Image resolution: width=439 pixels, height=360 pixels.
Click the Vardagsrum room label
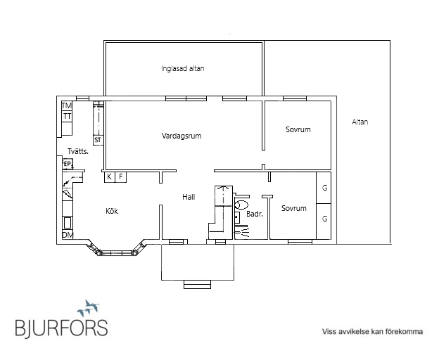[182, 136]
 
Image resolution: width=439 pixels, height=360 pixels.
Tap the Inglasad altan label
[182, 68]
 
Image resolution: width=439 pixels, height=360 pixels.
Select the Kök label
[112, 211]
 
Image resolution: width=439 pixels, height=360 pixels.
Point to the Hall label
[189, 197]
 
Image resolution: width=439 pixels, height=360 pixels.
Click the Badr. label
[255, 214]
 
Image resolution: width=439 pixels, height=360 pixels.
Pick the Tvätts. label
[78, 151]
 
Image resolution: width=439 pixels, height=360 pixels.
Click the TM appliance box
[67, 106]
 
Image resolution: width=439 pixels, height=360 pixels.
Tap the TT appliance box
[67, 116]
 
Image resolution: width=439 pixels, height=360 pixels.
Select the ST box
[98, 140]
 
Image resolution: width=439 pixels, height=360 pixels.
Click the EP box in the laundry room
[68, 164]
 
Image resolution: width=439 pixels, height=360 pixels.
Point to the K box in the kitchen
[110, 177]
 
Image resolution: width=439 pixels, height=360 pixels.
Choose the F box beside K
[121, 177]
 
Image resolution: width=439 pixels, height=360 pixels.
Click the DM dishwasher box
[68, 235]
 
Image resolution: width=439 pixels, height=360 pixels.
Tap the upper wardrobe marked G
[324, 188]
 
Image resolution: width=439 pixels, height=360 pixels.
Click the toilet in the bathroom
[241, 205]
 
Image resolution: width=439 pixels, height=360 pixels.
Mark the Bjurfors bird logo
[88, 308]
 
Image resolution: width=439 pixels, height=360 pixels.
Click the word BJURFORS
[61, 328]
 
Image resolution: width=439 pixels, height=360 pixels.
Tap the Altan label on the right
[360, 122]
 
